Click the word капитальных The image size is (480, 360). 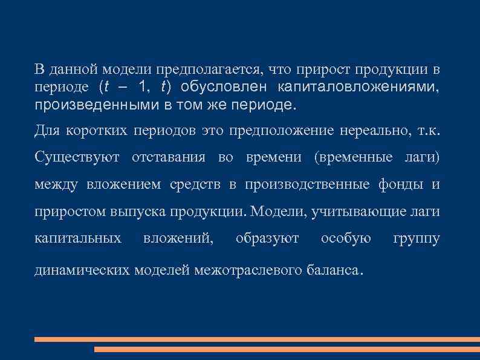point(77,239)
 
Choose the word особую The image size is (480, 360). point(346,239)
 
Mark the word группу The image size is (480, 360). point(416,239)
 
